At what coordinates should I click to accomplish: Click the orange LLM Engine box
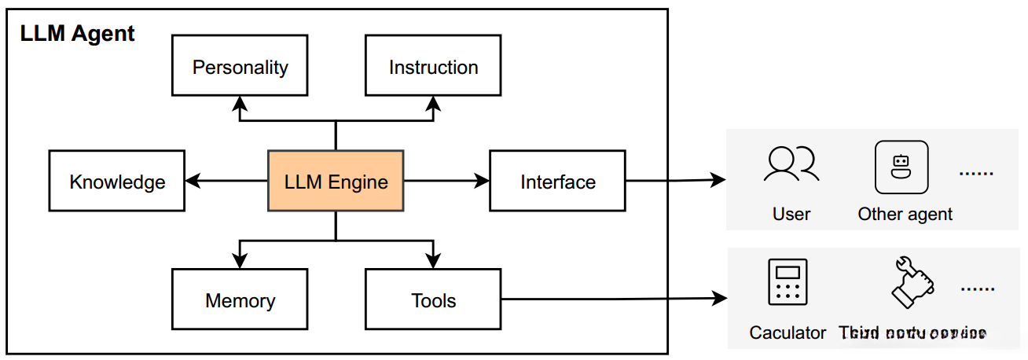[336, 182]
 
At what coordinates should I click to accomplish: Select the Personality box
[240, 68]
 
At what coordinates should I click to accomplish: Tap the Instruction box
[433, 68]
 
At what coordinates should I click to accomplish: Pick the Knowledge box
[117, 182]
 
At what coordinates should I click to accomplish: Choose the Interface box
[557, 182]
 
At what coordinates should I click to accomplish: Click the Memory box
[240, 299]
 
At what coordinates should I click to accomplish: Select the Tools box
[433, 299]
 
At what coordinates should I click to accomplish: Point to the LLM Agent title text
[77, 34]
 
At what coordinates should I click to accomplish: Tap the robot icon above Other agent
[901, 167]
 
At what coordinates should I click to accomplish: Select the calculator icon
[787, 281]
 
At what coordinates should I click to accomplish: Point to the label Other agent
[905, 214]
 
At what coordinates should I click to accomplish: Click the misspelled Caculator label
[788, 332]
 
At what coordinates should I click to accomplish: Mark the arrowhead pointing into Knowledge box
[192, 182]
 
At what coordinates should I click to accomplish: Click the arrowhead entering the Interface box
[482, 182]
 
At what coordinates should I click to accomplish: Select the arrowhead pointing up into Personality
[240, 101]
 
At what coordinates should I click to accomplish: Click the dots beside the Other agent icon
[977, 172]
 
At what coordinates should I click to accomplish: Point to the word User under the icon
[791, 214]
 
